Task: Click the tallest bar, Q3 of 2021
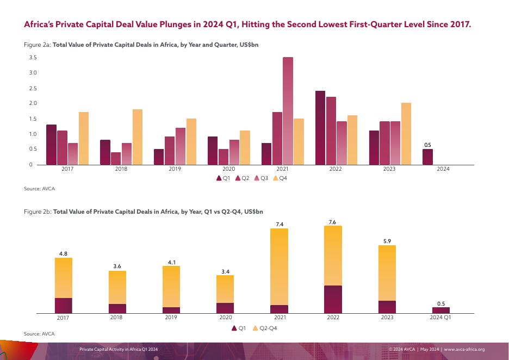288,111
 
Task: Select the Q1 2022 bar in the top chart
320,128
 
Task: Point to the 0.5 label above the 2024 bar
427,145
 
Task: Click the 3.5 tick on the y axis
33,58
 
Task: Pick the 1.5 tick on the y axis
33,119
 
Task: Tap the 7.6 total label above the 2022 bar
333,221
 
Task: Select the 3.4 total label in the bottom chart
225,270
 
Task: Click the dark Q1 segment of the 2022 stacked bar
333,299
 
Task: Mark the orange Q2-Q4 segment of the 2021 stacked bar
279,266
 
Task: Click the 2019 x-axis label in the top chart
175,169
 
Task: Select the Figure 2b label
38,211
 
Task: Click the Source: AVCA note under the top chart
40,188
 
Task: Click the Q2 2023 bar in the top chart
384,143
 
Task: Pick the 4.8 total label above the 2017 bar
63,253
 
